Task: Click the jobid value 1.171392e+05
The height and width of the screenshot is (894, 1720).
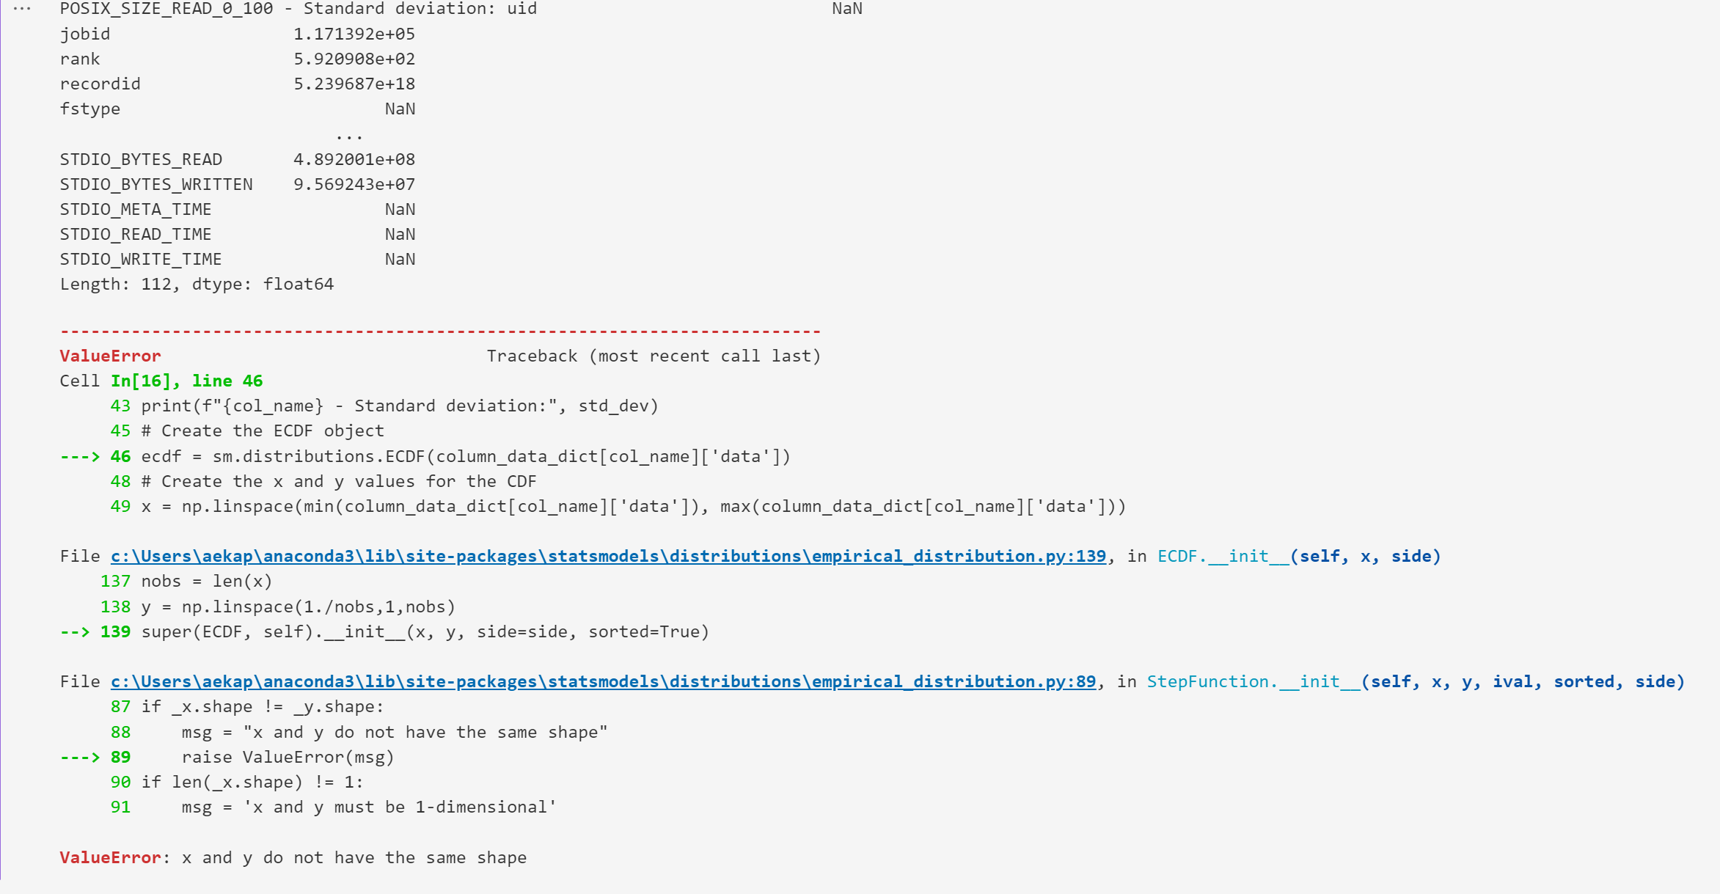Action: click(x=354, y=34)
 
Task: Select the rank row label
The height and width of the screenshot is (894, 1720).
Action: click(x=80, y=59)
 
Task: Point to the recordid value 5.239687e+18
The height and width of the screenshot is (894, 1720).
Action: click(x=354, y=84)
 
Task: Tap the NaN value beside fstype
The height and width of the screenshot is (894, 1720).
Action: click(x=400, y=109)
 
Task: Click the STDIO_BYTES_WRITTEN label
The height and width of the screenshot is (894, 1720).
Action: click(x=156, y=185)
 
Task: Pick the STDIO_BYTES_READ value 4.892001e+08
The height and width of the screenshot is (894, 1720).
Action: click(x=354, y=160)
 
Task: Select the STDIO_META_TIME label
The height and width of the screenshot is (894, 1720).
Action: click(x=136, y=210)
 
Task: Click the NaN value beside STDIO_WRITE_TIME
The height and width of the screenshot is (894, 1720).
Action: click(x=400, y=260)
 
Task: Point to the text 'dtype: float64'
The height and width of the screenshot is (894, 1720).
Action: click(x=263, y=285)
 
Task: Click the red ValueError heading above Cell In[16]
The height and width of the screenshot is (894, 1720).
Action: click(x=110, y=356)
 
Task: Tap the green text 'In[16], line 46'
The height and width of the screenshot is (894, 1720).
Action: click(x=186, y=381)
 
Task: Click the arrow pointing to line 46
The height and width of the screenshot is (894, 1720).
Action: click(x=79, y=457)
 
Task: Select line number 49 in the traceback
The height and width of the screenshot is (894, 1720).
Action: click(x=120, y=507)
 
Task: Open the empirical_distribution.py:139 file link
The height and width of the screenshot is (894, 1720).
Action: click(x=608, y=557)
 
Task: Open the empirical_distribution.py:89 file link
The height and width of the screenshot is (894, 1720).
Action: click(x=603, y=682)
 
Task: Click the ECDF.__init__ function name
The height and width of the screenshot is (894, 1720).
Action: click(x=1223, y=557)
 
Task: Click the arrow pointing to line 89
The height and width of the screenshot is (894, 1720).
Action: click(x=79, y=758)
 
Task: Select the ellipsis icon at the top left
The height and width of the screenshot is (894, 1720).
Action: click(x=22, y=9)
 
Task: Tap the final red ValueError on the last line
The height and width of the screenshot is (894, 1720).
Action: click(x=110, y=858)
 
